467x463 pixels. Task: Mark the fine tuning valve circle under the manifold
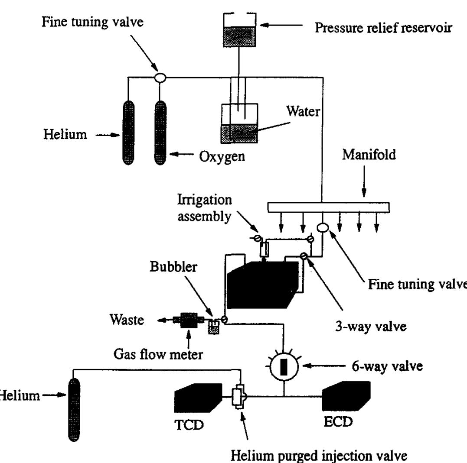pyautogui.click(x=322, y=227)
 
